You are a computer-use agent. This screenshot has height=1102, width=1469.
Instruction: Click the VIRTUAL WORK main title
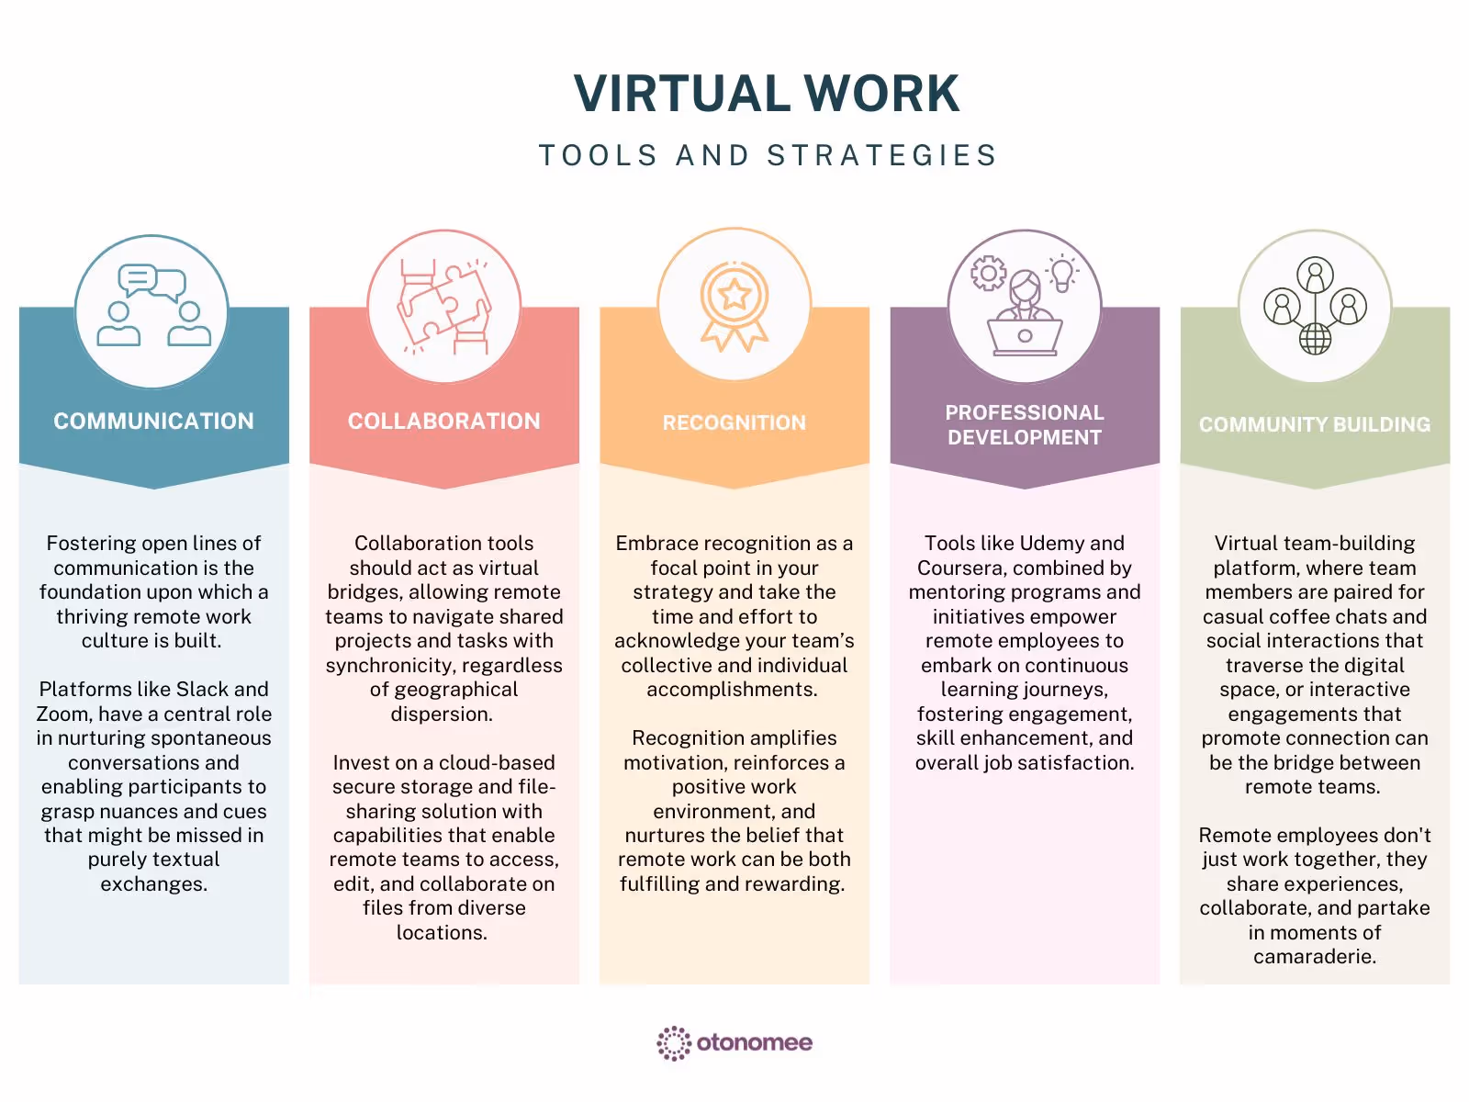(767, 94)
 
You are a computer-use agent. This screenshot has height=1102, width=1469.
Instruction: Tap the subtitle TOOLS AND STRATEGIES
(768, 155)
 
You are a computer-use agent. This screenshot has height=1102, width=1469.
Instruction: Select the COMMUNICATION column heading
(153, 422)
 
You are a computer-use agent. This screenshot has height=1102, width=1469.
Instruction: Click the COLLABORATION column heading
(443, 422)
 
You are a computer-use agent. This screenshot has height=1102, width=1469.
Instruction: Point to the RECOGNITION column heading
(734, 422)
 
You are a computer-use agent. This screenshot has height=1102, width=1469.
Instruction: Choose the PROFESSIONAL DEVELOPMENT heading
(1025, 425)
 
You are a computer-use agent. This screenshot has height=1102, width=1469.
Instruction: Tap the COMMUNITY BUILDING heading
(1315, 424)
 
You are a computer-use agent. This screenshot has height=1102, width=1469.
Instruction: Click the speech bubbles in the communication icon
(152, 282)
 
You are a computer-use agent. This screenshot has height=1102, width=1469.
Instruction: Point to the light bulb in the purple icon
(1062, 274)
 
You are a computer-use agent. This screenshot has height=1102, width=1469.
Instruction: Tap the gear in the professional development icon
(989, 274)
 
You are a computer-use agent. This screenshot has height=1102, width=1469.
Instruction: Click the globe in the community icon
(1315, 339)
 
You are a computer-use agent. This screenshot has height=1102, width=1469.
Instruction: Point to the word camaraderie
(1314, 957)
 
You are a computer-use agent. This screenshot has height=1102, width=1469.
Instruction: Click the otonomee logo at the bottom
(734, 1043)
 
